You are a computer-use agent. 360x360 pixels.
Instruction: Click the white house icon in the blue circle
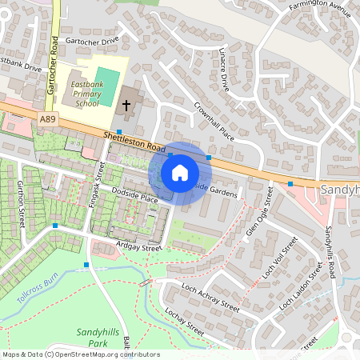180,173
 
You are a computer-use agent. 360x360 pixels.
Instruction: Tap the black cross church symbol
126,105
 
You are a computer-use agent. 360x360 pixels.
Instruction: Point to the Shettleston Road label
134,142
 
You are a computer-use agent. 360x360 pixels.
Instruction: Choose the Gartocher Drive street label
92,39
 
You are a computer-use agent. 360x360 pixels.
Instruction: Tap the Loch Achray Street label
210,296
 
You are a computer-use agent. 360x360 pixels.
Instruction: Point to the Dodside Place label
134,196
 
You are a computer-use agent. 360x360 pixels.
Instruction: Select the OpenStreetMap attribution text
80,354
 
